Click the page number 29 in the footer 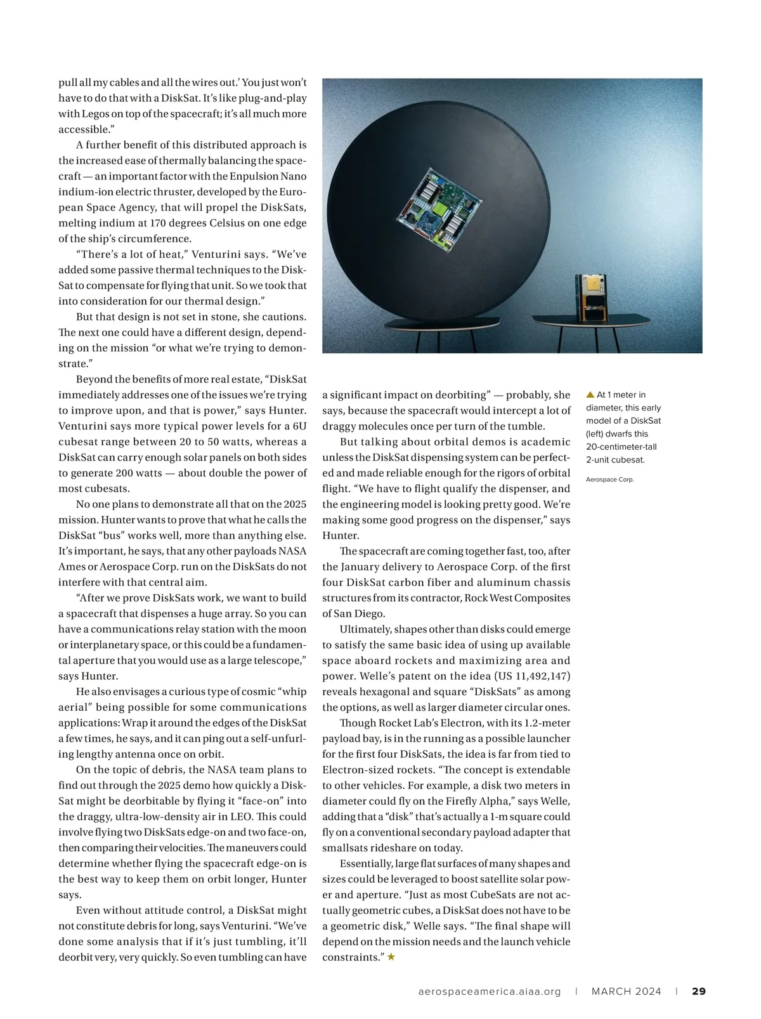click(698, 991)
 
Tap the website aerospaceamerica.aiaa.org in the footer click(490, 991)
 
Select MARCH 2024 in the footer click(626, 991)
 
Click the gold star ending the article click(391, 957)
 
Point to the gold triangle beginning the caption click(590, 395)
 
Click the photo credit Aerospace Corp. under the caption click(609, 480)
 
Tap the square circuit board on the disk click(439, 207)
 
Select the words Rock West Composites click(517, 598)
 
